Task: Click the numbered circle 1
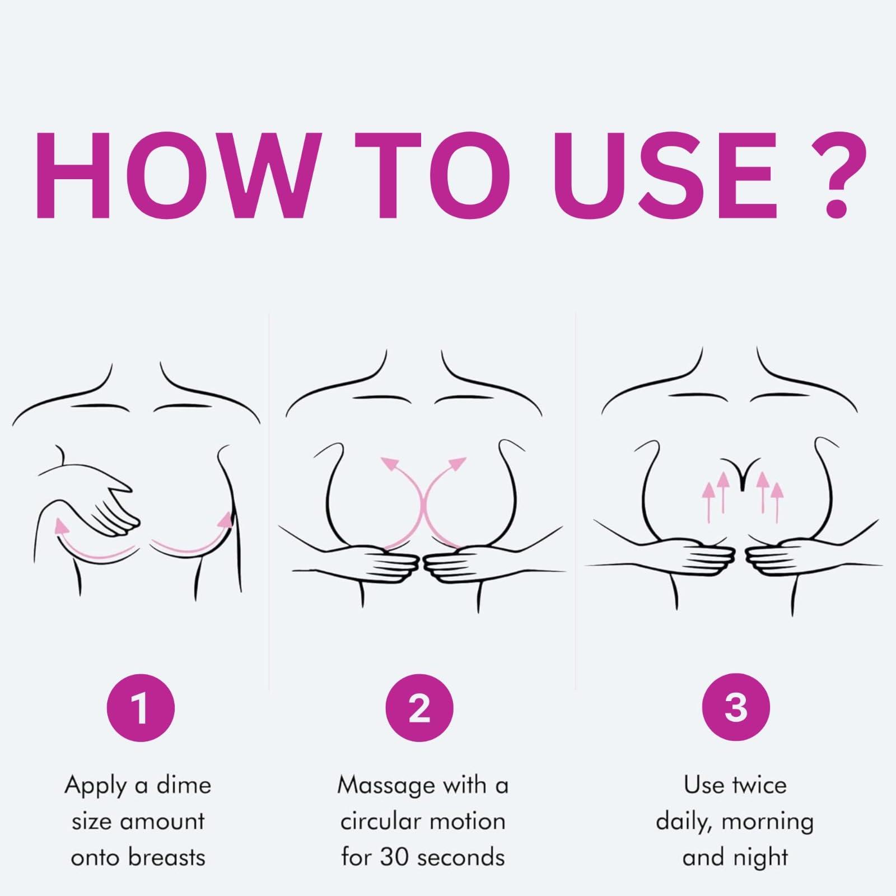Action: (x=141, y=708)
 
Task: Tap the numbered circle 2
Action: (x=419, y=708)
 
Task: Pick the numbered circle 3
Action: (x=736, y=708)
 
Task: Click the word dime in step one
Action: (x=184, y=785)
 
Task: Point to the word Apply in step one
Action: (x=96, y=787)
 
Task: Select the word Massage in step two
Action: (x=386, y=787)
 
